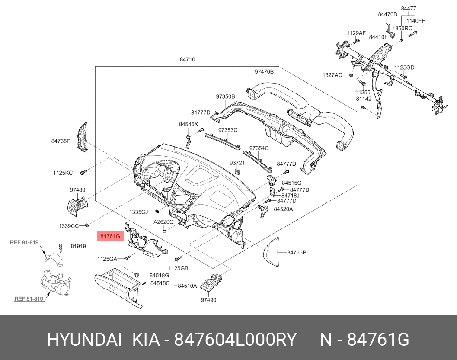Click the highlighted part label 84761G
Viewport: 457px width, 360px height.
[110, 236]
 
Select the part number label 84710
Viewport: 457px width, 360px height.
[187, 60]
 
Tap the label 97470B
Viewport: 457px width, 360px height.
[264, 71]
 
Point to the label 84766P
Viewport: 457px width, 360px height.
[297, 252]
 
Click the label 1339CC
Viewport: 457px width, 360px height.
[69, 226]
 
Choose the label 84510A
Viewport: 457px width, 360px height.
[187, 286]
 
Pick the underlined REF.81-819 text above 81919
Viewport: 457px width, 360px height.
[24, 242]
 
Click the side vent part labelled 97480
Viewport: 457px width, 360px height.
[77, 206]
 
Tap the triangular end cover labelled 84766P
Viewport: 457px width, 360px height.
[272, 251]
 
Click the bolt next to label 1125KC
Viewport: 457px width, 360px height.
[83, 172]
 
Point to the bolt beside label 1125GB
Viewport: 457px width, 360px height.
[178, 259]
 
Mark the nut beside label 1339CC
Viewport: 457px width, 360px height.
[86, 225]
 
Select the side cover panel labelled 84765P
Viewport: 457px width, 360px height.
[82, 138]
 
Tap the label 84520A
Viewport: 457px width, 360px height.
[284, 209]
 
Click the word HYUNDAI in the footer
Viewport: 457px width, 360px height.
[84, 340]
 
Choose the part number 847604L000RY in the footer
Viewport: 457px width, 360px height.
[235, 340]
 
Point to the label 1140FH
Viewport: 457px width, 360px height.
[416, 21]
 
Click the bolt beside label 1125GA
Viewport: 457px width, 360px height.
[128, 258]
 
